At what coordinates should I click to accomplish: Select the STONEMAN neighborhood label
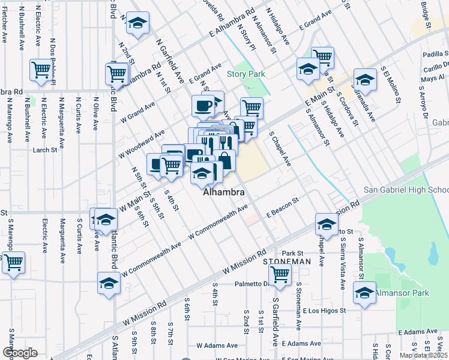tap(286, 262)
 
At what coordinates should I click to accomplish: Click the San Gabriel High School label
tap(406, 190)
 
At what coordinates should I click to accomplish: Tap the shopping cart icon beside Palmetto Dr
tap(280, 274)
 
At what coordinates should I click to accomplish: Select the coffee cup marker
tap(203, 106)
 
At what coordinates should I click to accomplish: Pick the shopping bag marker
tap(224, 160)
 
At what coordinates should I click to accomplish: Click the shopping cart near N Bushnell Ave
tap(41, 70)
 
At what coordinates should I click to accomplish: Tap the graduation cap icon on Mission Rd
tap(327, 225)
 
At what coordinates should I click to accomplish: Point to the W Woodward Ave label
tap(142, 142)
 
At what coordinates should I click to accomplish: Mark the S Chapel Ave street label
tap(280, 149)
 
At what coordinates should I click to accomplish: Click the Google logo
tap(20, 353)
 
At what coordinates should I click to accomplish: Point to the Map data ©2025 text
tap(423, 355)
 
